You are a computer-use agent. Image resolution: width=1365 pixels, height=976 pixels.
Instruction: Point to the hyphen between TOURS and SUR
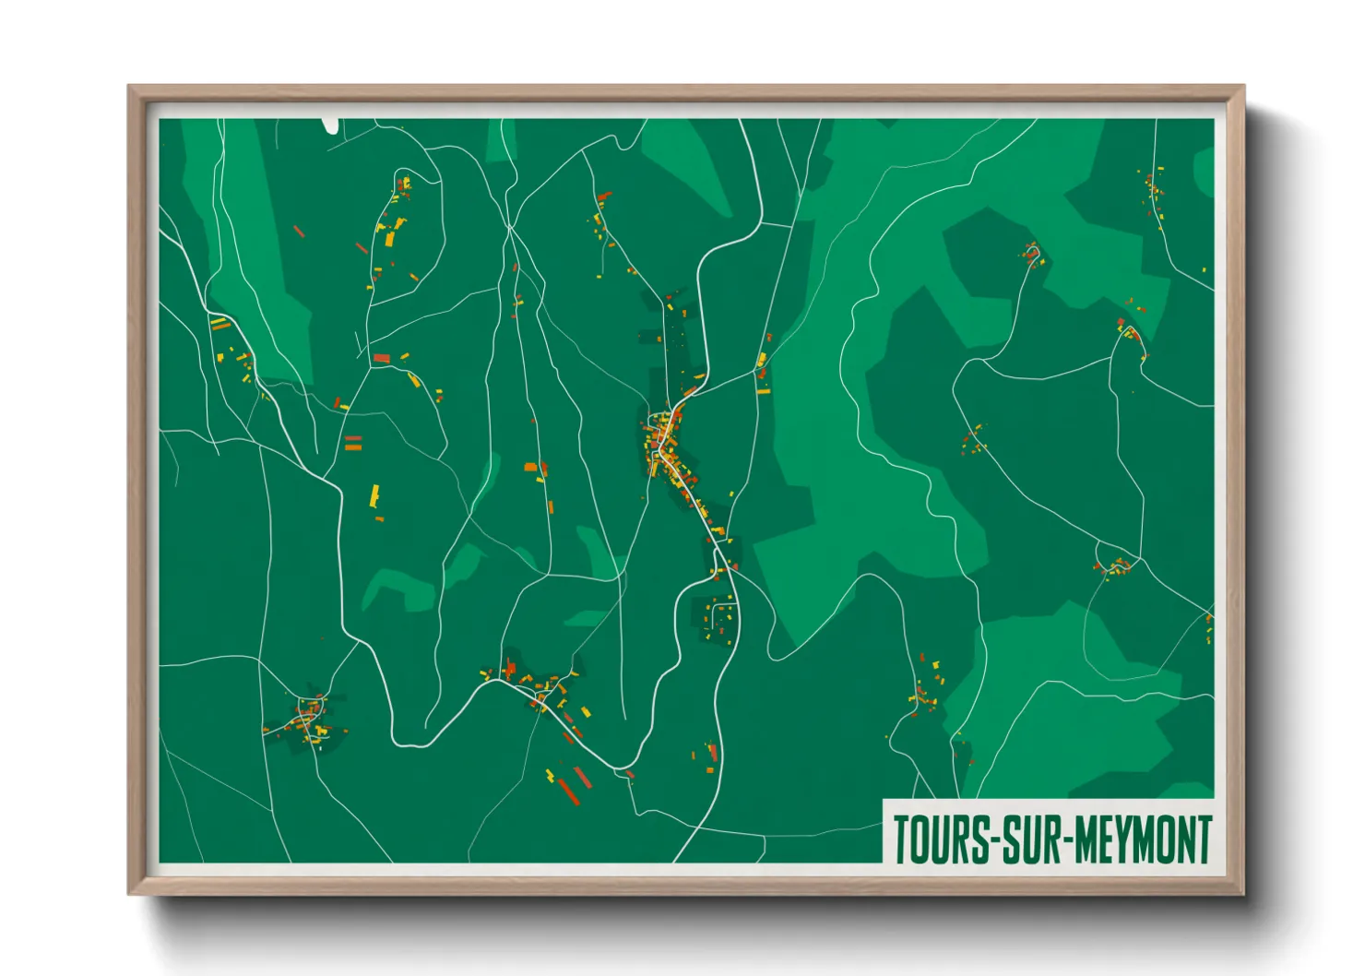(992, 840)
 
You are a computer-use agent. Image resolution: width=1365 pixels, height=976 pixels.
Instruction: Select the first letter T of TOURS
(901, 839)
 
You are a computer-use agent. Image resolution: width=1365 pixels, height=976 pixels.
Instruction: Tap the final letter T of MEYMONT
(1203, 839)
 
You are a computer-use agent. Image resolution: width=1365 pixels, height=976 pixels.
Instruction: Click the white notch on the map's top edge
(330, 125)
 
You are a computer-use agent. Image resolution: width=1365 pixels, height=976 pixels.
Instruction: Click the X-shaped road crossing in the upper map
(508, 226)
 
